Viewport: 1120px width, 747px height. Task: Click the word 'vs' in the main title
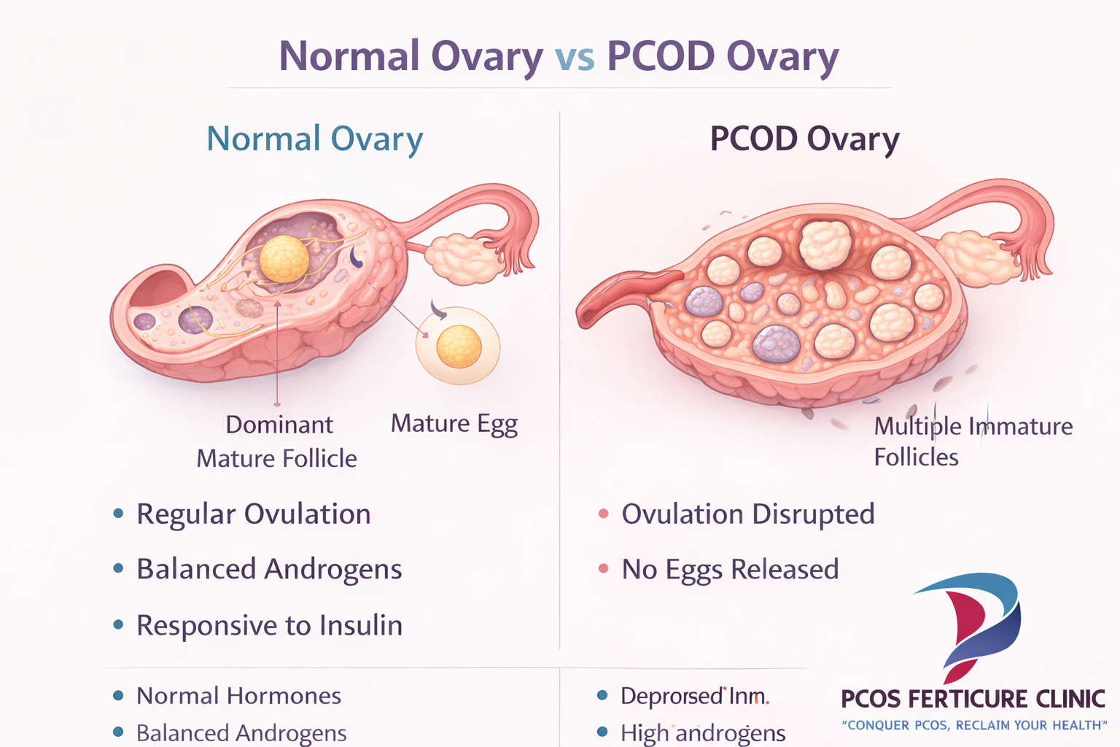click(x=575, y=58)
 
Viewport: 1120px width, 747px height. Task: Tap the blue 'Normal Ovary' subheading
click(x=314, y=139)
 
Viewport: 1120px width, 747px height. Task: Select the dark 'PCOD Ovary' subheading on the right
click(x=804, y=139)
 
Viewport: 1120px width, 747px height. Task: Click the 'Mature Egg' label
click(x=454, y=424)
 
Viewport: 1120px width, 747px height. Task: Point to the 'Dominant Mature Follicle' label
click(x=277, y=441)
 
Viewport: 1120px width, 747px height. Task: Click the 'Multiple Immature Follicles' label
click(x=972, y=441)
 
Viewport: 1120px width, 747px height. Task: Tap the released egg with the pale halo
click(x=458, y=346)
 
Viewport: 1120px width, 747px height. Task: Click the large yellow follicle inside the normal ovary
click(x=284, y=258)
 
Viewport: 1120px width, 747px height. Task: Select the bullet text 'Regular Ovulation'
click(x=253, y=514)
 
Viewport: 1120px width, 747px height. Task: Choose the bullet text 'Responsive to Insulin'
click(x=269, y=626)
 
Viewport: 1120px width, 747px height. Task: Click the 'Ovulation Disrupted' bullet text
click(x=747, y=514)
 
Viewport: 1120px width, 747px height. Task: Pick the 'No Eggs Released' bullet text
click(x=730, y=570)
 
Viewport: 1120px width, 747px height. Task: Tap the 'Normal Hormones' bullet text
click(x=238, y=696)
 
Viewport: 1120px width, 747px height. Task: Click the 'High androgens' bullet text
click(x=702, y=732)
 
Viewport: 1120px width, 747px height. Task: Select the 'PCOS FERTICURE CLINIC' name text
click(x=973, y=699)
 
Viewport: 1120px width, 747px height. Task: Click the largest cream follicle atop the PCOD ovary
click(x=825, y=244)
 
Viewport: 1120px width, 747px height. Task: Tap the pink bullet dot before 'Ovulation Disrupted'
click(x=603, y=514)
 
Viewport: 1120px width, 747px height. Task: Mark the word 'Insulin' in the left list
click(x=361, y=626)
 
